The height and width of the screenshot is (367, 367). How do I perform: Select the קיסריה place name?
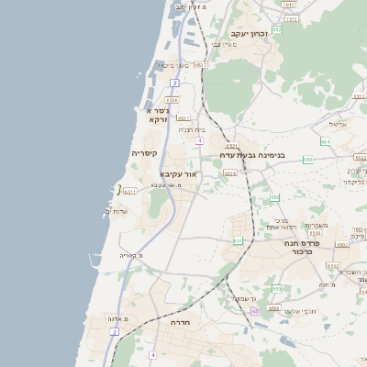[x=145, y=153]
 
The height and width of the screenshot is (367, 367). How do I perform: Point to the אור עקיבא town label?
[x=178, y=173]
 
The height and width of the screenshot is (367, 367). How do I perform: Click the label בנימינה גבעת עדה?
[x=252, y=155]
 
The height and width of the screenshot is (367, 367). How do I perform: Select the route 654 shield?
[x=325, y=141]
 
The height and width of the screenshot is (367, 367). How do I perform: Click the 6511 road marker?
[x=129, y=191]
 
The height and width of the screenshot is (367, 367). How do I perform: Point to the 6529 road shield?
[x=229, y=172]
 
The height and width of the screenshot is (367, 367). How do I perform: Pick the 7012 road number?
[x=289, y=6]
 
